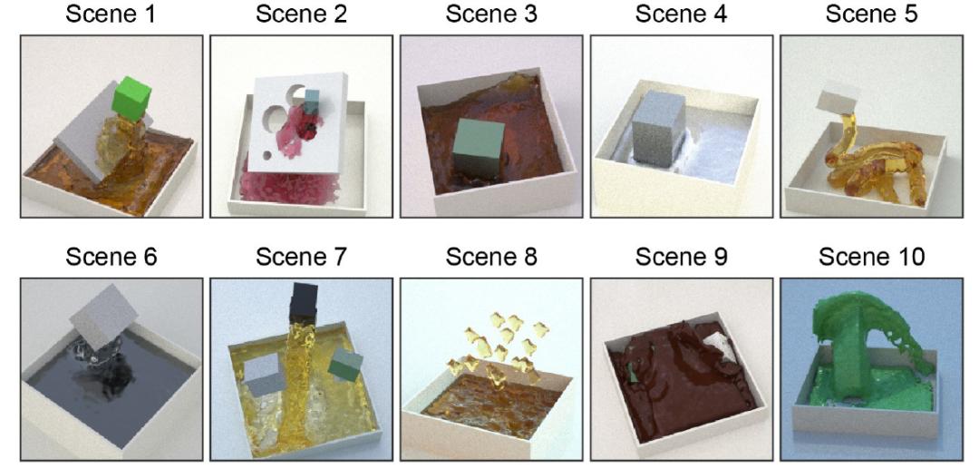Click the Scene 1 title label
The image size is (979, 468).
click(x=111, y=15)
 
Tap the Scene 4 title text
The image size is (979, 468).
click(x=681, y=15)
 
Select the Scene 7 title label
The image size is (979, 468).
click(x=301, y=257)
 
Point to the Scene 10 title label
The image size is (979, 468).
click(x=872, y=257)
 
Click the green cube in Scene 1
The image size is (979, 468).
click(x=132, y=99)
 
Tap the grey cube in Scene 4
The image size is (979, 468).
click(x=658, y=130)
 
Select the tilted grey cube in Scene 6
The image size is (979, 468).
click(x=103, y=317)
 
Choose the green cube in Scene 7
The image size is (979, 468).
click(x=345, y=365)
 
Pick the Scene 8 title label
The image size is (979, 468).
click(x=491, y=257)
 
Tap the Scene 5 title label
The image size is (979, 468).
click(x=872, y=15)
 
